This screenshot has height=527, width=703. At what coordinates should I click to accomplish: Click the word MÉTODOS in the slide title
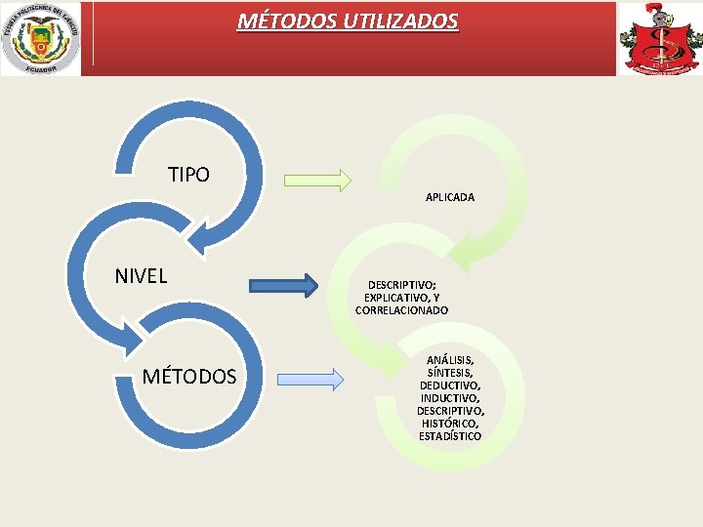284,20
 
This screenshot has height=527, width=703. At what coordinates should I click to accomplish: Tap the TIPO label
188,175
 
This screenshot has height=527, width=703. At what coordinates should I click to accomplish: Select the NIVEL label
141,276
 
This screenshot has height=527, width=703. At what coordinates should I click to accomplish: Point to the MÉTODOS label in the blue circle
189,377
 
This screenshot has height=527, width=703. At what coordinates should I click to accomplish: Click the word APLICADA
450,197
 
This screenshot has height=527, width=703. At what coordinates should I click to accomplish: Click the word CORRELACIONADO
402,310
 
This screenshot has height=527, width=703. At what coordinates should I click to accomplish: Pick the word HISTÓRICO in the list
449,424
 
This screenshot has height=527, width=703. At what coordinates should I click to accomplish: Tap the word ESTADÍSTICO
450,436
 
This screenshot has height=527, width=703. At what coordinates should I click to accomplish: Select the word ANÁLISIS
449,360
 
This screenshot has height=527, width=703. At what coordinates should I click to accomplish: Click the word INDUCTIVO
449,398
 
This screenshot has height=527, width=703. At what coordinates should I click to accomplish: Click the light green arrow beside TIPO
317,180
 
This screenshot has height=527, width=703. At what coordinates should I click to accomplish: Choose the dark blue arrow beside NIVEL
283,285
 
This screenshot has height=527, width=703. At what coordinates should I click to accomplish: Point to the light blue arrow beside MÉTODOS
310,379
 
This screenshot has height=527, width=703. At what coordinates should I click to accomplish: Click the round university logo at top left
40,38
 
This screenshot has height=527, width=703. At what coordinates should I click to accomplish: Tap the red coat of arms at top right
659,39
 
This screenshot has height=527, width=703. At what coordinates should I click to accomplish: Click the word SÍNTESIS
449,373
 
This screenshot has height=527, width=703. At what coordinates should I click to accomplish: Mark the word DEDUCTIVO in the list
449,385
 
